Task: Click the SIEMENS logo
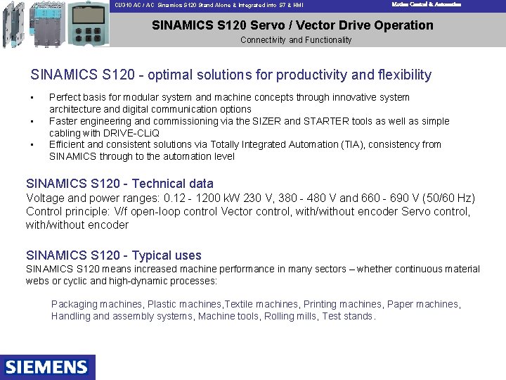click(x=47, y=367)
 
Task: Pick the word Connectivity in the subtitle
click(x=264, y=40)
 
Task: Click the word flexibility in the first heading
click(x=404, y=75)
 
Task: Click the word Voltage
click(x=45, y=198)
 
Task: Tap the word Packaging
click(x=74, y=305)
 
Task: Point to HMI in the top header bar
click(x=298, y=5)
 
